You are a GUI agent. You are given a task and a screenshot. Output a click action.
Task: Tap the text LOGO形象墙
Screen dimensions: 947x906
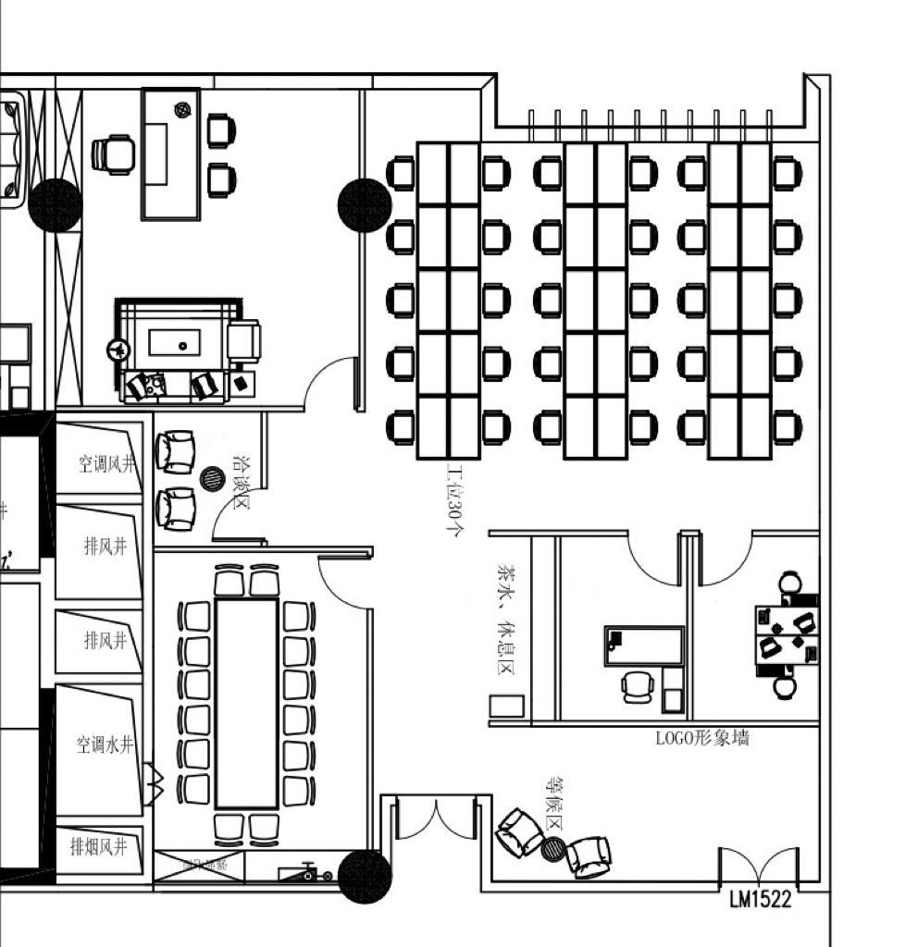[702, 737]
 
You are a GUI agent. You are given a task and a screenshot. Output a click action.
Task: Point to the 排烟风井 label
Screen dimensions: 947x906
[98, 845]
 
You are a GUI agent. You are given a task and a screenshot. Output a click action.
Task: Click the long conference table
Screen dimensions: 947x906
[245, 703]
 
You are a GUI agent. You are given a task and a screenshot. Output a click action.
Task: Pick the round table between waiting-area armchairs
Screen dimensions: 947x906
[553, 848]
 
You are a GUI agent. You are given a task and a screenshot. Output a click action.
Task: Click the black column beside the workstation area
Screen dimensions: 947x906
[365, 205]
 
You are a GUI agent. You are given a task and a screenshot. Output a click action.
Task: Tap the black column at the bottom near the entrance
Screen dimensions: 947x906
[364, 876]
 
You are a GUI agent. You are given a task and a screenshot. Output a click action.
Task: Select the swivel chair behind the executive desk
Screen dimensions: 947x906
[115, 154]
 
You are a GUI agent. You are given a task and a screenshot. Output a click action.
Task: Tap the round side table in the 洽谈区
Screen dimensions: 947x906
[213, 479]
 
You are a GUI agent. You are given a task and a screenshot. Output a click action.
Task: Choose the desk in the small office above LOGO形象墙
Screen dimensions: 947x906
[644, 646]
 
